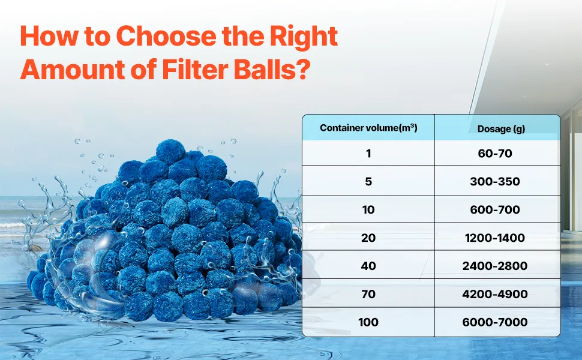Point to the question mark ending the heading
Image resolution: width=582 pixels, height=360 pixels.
(x=302, y=68)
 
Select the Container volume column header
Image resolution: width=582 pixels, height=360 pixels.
(x=368, y=128)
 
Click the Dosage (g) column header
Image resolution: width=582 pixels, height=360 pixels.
(x=501, y=129)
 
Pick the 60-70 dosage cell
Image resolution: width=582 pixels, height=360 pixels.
(x=495, y=153)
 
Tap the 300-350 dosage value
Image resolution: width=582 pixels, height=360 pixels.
(x=495, y=181)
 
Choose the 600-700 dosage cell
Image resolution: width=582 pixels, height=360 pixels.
(x=495, y=209)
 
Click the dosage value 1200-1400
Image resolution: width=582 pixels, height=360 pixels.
(x=495, y=238)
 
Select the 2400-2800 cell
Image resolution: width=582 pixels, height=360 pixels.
(x=495, y=266)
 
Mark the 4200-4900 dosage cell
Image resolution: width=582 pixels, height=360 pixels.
(x=495, y=294)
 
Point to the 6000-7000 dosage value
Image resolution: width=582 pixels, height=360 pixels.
(x=495, y=322)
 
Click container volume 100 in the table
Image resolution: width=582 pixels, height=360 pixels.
(x=368, y=322)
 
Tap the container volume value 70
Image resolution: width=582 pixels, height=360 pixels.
(x=368, y=294)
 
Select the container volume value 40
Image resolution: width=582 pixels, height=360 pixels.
(x=368, y=266)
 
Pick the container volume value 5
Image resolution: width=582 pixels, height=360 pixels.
(x=368, y=181)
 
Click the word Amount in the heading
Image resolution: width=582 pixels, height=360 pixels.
(x=73, y=68)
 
